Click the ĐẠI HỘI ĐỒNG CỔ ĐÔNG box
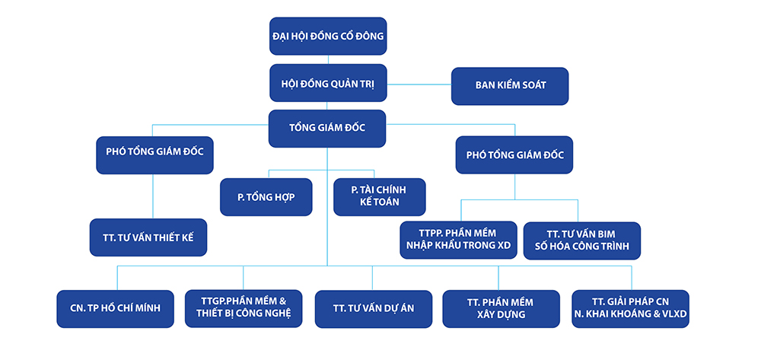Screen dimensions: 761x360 328,36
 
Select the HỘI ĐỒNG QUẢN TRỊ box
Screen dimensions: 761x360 328,83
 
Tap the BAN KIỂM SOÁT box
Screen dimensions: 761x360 510,86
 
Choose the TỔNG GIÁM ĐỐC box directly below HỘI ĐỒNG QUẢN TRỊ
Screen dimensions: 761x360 327,129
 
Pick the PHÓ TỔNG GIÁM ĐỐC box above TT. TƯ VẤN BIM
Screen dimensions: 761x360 514,155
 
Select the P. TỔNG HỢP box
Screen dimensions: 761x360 266,197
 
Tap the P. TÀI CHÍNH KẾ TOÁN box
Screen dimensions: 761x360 380,197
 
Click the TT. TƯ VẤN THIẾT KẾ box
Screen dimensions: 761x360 148,237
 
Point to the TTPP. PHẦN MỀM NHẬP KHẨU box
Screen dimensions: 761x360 459,241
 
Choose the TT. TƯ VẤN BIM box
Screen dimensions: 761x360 582,241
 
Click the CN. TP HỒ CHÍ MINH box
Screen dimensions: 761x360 116,308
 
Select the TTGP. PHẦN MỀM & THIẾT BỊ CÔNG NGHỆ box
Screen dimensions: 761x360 244,308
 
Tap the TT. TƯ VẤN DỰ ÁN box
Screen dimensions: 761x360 374,309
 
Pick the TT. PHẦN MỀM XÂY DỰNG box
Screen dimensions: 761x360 501,308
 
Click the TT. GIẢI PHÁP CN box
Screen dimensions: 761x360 630,308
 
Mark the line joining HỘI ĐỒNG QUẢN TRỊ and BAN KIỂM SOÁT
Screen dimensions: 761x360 419,84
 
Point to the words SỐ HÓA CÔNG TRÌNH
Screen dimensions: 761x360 582,247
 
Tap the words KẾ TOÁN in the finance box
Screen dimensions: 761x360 380,202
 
